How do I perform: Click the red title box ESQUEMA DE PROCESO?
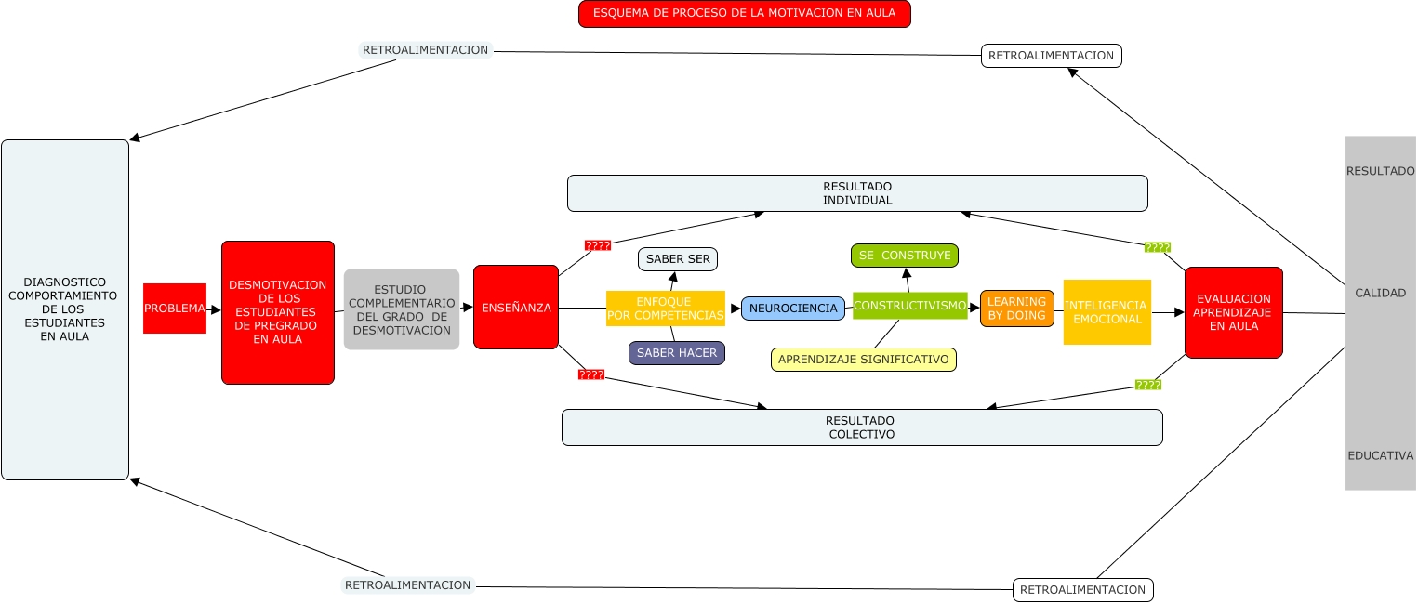click(x=744, y=14)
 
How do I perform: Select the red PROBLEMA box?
click(x=175, y=309)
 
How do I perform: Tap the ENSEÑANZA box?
click(x=515, y=308)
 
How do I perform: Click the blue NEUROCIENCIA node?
click(x=793, y=309)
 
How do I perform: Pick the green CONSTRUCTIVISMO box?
click(x=909, y=306)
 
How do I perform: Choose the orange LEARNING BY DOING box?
click(x=1016, y=309)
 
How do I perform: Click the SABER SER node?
click(x=678, y=259)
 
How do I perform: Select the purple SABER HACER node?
click(x=676, y=353)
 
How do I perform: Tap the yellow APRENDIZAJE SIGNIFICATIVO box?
click(x=863, y=360)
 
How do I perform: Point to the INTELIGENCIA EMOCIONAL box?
click(x=1107, y=312)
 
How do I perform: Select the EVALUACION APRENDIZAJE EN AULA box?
click(x=1233, y=312)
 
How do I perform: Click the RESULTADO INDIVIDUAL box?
click(x=857, y=193)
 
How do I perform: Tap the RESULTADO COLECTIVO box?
click(x=861, y=427)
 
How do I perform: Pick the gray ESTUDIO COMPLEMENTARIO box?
click(x=402, y=309)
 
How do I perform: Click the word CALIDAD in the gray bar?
click(x=1380, y=293)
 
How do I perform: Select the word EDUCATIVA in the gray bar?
click(x=1380, y=455)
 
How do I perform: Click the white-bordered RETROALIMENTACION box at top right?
click(x=1051, y=56)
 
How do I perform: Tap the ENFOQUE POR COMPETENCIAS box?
click(x=665, y=309)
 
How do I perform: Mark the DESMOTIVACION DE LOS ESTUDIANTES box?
click(x=277, y=312)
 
